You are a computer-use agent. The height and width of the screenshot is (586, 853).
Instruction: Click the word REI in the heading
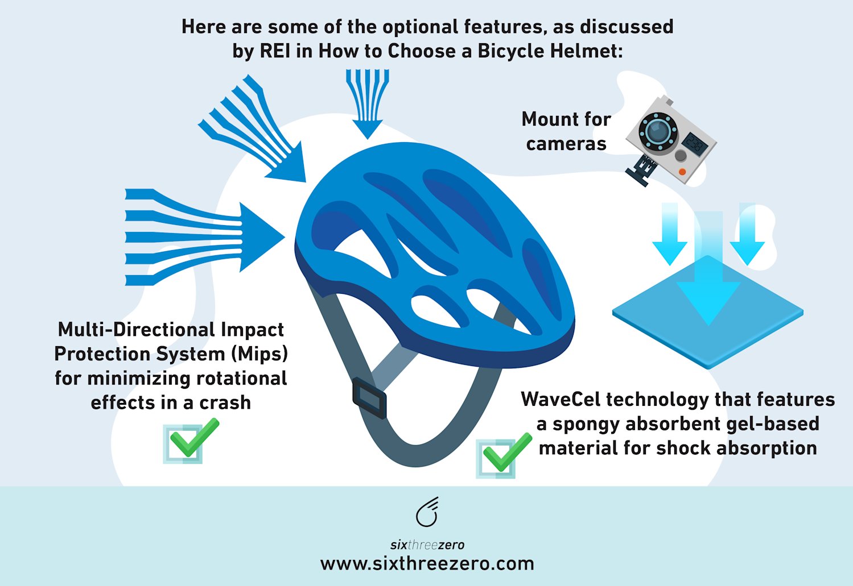tap(276, 51)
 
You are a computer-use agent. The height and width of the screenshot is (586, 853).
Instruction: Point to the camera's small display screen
tap(695, 144)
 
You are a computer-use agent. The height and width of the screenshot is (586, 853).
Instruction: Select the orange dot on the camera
tap(682, 172)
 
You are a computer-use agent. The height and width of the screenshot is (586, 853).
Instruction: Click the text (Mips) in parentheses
tap(259, 354)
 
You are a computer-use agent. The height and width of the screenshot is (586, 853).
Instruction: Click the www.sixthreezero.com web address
tap(427, 564)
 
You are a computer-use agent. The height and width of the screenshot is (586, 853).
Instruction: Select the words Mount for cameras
tap(566, 131)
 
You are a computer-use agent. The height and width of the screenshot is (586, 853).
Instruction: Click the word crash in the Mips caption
tap(225, 403)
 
